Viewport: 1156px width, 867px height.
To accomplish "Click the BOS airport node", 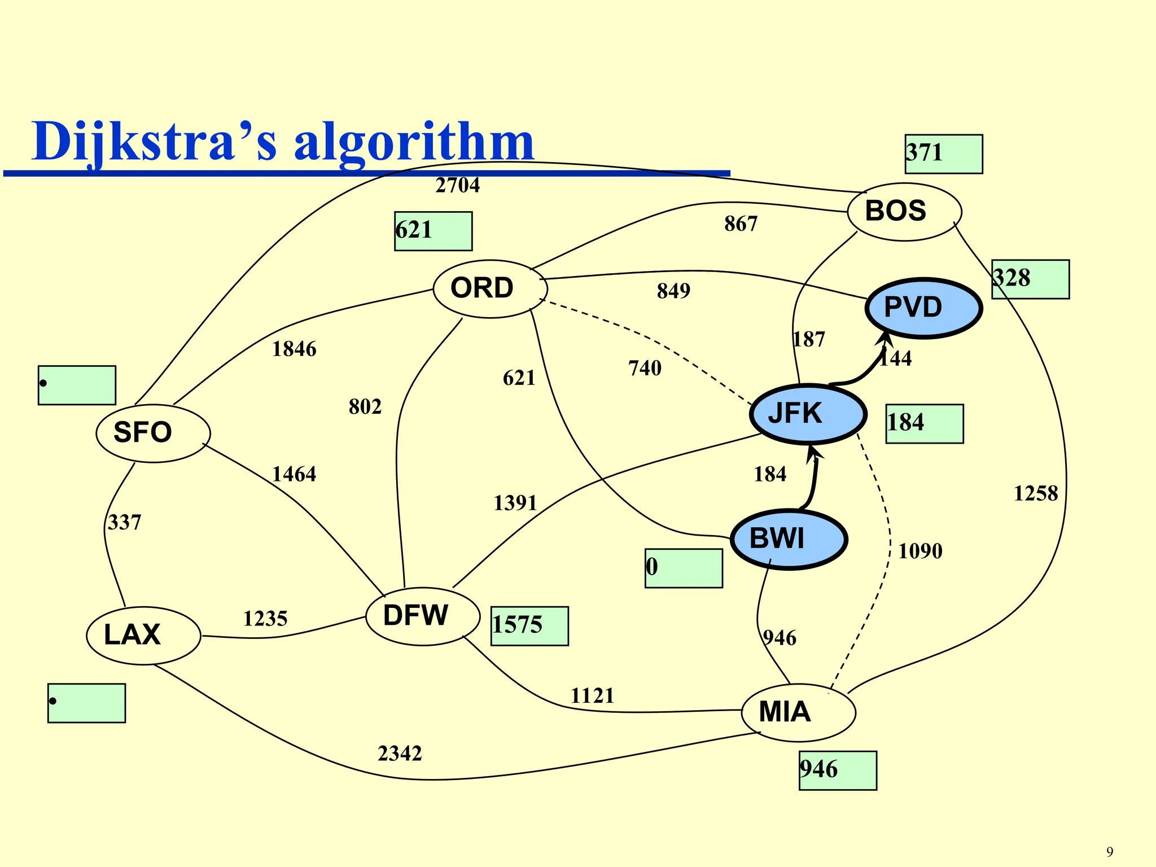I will (x=904, y=212).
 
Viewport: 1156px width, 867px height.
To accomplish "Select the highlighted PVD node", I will (x=924, y=308).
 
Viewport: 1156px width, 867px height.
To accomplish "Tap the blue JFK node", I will (x=808, y=414).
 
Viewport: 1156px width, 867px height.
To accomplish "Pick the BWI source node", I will (x=789, y=539).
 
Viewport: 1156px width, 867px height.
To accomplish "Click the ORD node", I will (x=490, y=288).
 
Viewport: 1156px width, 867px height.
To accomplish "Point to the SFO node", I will (x=153, y=433).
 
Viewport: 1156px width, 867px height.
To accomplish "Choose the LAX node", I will (x=143, y=635).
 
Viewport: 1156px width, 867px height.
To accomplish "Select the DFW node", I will (x=423, y=616).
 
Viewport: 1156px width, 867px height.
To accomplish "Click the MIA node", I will (x=798, y=712).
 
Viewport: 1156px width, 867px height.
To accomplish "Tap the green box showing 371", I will (x=943, y=154).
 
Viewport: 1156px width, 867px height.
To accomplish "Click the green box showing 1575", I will (x=529, y=625).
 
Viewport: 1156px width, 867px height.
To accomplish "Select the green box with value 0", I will (x=683, y=568).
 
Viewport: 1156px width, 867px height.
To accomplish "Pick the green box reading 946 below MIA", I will (x=837, y=770).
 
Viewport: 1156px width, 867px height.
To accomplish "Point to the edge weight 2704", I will (x=457, y=185).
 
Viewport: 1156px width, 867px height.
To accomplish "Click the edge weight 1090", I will (x=919, y=551).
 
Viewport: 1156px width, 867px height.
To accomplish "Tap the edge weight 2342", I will (x=400, y=754).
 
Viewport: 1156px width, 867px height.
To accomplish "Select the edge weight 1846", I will (x=294, y=349).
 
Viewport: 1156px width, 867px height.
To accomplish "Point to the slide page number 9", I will (x=1109, y=852).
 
